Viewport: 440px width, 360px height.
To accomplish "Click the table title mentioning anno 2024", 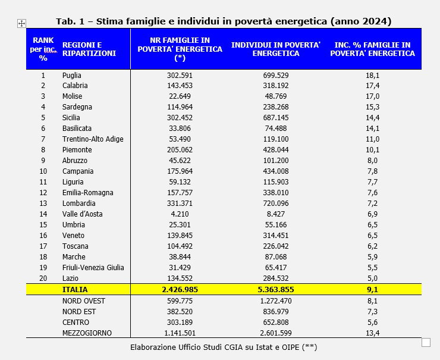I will (x=224, y=21).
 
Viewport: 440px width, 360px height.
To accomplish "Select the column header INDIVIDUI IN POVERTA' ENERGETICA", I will (x=275, y=49).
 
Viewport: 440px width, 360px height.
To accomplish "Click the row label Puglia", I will (x=71, y=76).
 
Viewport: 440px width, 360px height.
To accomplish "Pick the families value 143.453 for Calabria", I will (x=180, y=86).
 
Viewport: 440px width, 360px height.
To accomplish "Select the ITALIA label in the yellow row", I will (x=75, y=290).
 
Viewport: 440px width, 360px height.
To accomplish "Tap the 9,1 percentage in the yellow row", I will (x=373, y=290).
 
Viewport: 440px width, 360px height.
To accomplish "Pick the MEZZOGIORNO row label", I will (x=87, y=333).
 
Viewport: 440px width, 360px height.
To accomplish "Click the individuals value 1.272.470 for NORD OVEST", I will (x=275, y=300).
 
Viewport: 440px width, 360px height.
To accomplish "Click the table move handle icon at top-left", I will (x=21, y=23).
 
